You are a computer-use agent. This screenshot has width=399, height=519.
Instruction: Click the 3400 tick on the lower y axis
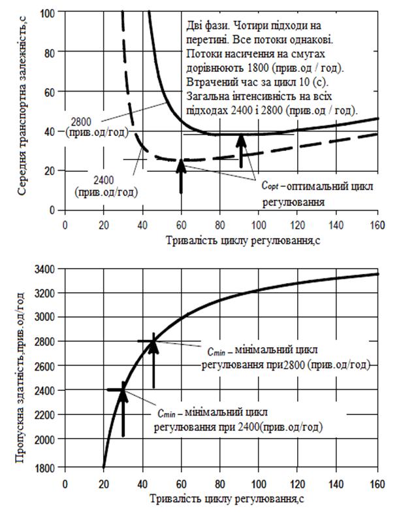(x=52, y=268)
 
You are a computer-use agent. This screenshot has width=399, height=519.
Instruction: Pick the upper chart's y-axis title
(x=24, y=111)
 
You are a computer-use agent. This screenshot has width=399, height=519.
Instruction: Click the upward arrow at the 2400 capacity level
(x=123, y=412)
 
